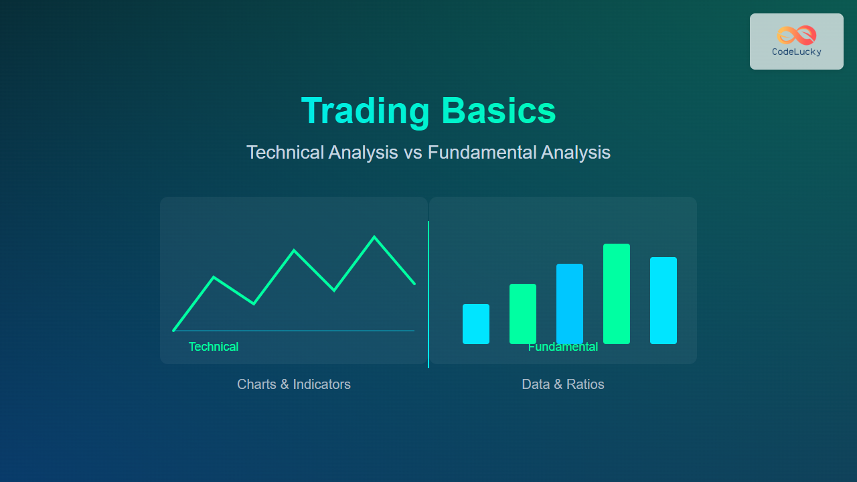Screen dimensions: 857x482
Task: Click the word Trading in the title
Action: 366,111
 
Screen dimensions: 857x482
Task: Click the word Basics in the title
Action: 499,111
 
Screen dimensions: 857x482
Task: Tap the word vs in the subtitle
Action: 413,153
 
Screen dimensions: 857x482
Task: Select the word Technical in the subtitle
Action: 285,152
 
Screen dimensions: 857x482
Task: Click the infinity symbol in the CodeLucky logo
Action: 797,35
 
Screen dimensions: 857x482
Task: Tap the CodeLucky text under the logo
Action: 797,52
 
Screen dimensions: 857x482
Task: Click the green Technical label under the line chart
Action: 214,347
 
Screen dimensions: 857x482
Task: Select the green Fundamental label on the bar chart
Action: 563,347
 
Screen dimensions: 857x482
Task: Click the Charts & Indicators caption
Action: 294,384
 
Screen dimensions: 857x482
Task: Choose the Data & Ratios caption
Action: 563,384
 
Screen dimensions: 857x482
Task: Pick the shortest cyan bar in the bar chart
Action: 476,324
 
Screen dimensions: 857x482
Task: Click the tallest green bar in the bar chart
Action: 617,294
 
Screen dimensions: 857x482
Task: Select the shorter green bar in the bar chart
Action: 523,314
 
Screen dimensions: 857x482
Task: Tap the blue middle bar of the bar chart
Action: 570,304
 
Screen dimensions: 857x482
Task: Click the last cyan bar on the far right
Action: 664,301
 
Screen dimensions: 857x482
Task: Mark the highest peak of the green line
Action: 374,237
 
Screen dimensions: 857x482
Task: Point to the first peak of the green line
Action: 214,277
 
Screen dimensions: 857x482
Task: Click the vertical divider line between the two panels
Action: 428,295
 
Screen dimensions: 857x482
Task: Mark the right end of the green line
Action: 414,284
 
